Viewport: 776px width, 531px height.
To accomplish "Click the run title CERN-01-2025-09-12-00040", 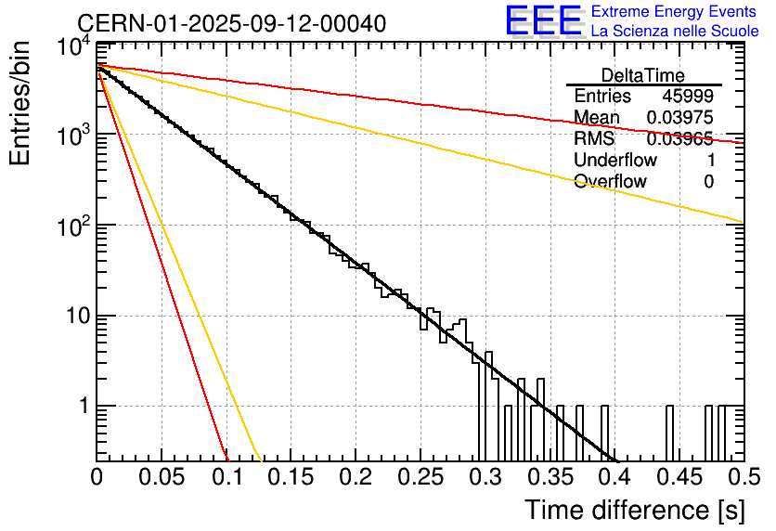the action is (232, 23).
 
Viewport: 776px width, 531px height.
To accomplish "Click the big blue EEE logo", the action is (544, 20).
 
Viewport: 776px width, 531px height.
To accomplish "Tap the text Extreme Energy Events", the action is (674, 11).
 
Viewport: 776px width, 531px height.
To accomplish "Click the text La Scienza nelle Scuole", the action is (675, 31).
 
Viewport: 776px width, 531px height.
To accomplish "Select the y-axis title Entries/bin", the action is (19, 103).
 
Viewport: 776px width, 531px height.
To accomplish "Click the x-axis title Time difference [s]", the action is (635, 510).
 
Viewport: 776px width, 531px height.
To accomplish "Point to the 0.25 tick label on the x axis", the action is (420, 477).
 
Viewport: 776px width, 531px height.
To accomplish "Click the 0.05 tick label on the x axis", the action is (162, 477).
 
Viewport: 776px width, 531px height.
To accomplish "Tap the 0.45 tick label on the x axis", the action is (679, 477).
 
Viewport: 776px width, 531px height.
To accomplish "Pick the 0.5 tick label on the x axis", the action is (744, 477).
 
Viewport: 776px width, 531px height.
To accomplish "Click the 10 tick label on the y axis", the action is (79, 316).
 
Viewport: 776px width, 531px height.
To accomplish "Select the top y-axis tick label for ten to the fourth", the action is (74, 47).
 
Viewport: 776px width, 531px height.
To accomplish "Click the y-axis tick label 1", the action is (84, 407).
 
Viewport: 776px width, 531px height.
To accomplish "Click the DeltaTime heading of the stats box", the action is (643, 75).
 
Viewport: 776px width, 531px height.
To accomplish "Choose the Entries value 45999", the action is (688, 96).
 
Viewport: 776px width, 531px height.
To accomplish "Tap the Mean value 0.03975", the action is (680, 117).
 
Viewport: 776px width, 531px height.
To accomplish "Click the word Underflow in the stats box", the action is (615, 160).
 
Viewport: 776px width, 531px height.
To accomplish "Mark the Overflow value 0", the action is (708, 181).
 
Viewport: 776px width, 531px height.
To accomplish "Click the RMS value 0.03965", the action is (680, 138).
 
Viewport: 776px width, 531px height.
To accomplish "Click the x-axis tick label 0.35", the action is (550, 477).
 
